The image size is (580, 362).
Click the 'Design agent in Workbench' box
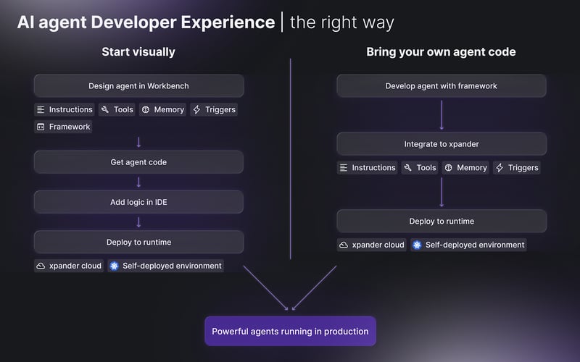click(x=138, y=85)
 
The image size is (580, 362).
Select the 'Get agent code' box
click(x=138, y=162)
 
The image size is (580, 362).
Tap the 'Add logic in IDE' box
click(x=138, y=202)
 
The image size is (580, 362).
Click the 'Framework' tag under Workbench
click(x=63, y=127)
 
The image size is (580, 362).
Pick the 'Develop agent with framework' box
click(x=441, y=86)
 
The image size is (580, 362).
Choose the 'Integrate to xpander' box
click(x=441, y=144)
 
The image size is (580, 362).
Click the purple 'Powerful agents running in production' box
click(x=290, y=331)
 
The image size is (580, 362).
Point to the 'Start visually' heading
click(x=138, y=52)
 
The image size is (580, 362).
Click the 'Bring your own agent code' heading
click(x=441, y=52)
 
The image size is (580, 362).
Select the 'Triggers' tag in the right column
click(x=517, y=167)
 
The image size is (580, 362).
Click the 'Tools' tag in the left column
click(x=117, y=109)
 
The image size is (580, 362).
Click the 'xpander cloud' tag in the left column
click(x=69, y=266)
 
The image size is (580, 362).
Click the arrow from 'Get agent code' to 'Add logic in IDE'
click(x=138, y=182)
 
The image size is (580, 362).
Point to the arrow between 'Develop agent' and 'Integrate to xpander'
click(x=441, y=114)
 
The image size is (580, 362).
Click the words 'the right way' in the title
click(x=342, y=22)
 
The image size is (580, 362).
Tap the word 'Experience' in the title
click(x=231, y=22)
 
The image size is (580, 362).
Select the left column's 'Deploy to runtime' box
click(x=138, y=242)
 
